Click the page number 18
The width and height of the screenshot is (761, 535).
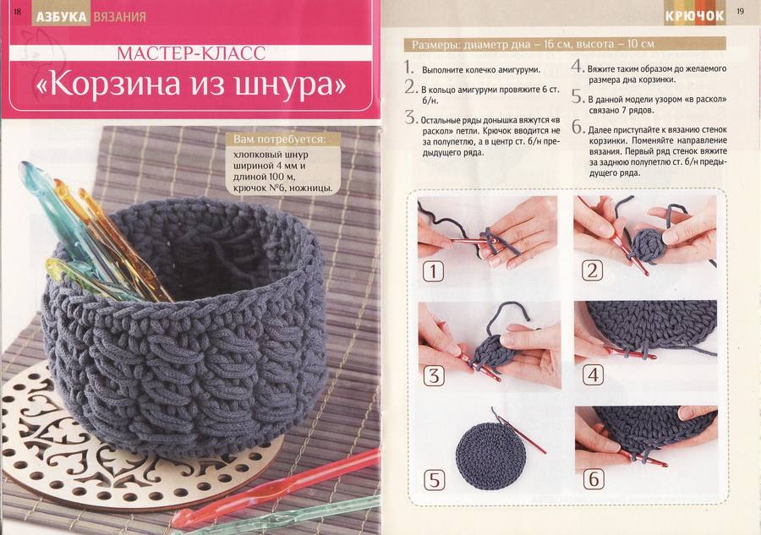18,12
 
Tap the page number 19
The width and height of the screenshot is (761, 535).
740,11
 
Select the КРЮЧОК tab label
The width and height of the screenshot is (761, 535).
694,17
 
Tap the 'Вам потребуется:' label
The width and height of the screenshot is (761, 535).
279,139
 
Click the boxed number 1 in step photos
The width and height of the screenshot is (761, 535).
433,271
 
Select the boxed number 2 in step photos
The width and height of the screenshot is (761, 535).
592,270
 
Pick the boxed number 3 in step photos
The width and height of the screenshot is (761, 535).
434,375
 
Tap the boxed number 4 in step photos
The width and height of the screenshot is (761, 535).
593,375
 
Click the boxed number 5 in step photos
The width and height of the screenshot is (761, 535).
435,480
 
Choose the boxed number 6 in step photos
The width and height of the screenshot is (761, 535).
594,479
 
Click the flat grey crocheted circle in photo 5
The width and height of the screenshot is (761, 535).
490,456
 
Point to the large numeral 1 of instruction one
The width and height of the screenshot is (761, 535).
409,67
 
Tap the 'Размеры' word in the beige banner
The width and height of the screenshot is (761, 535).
435,45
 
